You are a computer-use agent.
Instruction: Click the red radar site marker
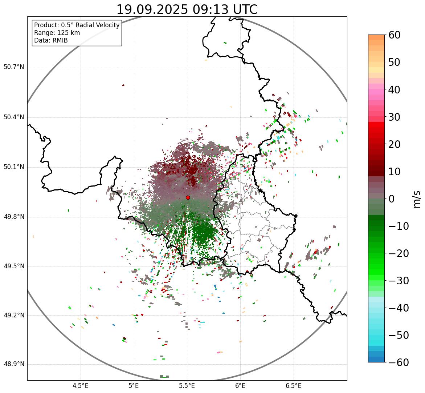(x=188, y=197)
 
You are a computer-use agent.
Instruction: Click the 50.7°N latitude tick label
(x=14, y=67)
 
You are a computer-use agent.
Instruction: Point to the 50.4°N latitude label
(x=14, y=117)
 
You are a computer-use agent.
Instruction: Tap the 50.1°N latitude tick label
(x=14, y=167)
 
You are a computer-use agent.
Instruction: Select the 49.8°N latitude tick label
(x=14, y=217)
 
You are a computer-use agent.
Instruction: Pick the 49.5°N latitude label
(x=14, y=266)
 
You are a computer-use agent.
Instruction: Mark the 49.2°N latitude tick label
(x=14, y=315)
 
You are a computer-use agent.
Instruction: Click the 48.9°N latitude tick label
(x=14, y=364)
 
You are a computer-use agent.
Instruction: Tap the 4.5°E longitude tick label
(x=81, y=386)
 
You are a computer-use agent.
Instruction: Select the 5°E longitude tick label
(x=134, y=386)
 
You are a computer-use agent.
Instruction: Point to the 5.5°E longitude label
(x=187, y=386)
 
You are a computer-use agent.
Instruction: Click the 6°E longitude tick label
(x=240, y=386)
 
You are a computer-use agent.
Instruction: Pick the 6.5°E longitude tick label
(x=293, y=386)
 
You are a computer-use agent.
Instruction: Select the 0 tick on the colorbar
(x=392, y=199)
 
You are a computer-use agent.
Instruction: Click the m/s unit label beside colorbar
(x=417, y=199)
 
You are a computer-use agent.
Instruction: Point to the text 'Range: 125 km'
(x=57, y=33)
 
